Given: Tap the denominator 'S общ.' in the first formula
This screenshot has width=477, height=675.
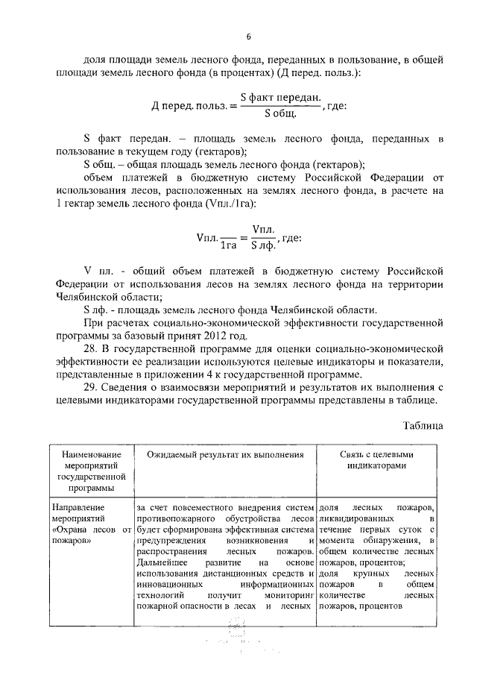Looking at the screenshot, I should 281,113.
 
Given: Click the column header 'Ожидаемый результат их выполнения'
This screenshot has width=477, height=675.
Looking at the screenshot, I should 225,453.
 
